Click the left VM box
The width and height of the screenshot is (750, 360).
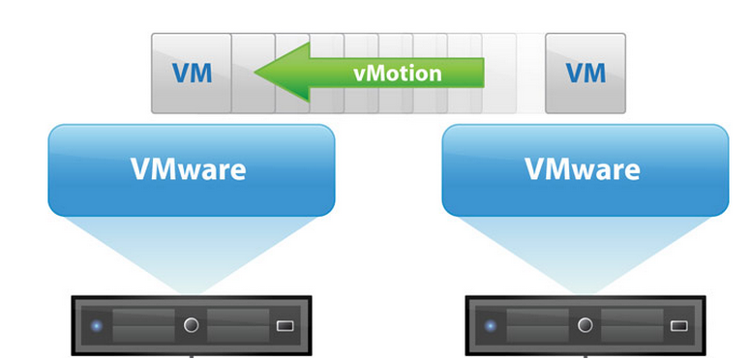pyautogui.click(x=192, y=73)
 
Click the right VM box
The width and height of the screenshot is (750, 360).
pyautogui.click(x=585, y=73)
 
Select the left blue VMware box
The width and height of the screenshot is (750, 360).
pyautogui.click(x=191, y=169)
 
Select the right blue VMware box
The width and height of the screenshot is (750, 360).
pyautogui.click(x=585, y=169)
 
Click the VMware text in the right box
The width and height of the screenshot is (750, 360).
pyautogui.click(x=584, y=169)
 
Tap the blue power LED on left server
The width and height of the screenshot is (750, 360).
pyautogui.click(x=97, y=325)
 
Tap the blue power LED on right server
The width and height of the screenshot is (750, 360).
pyautogui.click(x=490, y=325)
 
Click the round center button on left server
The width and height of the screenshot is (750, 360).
pyautogui.click(x=192, y=325)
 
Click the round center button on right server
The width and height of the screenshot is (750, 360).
pyautogui.click(x=585, y=325)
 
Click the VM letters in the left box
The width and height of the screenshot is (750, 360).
pyautogui.click(x=192, y=73)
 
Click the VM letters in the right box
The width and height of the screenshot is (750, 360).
pyautogui.click(x=585, y=73)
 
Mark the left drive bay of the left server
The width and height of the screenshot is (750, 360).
pyautogui.click(x=143, y=325)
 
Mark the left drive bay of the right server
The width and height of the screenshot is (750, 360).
pyautogui.click(x=536, y=325)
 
